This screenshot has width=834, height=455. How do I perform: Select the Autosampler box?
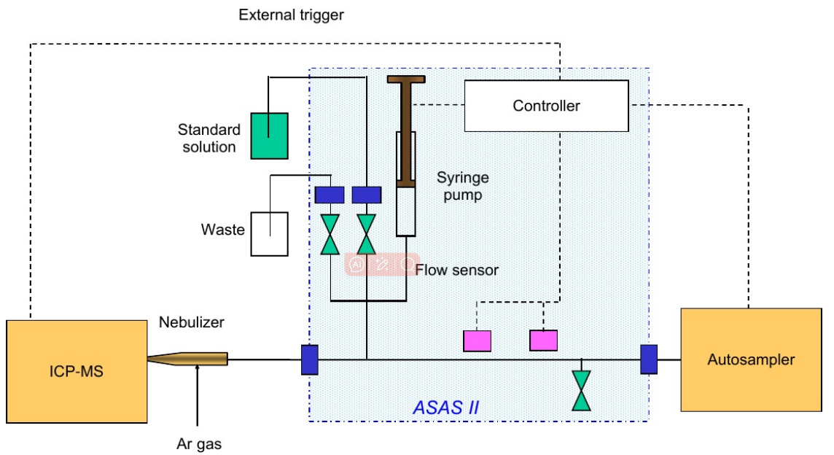[750, 359]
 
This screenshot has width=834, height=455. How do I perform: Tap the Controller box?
[546, 106]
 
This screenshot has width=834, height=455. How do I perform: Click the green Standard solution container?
[269, 136]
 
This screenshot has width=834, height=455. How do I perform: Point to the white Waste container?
[269, 233]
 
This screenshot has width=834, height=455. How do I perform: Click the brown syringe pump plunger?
[405, 131]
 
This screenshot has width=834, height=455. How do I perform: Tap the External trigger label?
[291, 15]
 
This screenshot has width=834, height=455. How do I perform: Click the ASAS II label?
[445, 407]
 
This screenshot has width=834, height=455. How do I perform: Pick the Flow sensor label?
[457, 271]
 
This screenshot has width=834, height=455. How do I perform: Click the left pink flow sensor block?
[477, 341]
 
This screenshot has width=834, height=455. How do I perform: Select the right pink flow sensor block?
[543, 341]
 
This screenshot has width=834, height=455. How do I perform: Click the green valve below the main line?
[581, 392]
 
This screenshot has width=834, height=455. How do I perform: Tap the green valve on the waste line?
[330, 234]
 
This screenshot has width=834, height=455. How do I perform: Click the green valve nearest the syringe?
[366, 234]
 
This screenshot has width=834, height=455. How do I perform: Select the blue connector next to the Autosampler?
[649, 359]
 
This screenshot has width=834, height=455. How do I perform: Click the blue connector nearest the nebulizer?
[309, 359]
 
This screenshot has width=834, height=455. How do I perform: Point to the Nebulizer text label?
[192, 322]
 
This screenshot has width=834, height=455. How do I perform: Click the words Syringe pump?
[463, 186]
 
